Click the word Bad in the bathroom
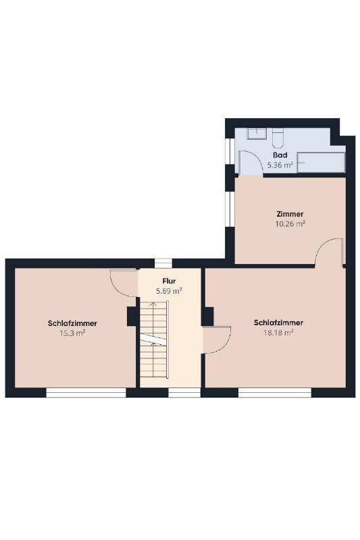[x=280, y=155]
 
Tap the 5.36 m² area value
[x=280, y=165]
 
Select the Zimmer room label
[x=290, y=214]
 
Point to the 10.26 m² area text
[x=290, y=224]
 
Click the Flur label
[x=169, y=281]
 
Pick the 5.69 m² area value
[x=169, y=291]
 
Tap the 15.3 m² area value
[x=72, y=333]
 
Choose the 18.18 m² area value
[x=278, y=333]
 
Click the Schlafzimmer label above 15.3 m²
[x=72, y=323]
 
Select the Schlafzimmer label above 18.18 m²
[x=278, y=323]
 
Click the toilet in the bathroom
[x=278, y=138]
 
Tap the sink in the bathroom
[x=256, y=134]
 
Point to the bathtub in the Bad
[x=321, y=162]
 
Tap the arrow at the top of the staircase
[x=153, y=306]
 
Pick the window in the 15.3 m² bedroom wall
[x=86, y=393]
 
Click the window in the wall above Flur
[x=163, y=263]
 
